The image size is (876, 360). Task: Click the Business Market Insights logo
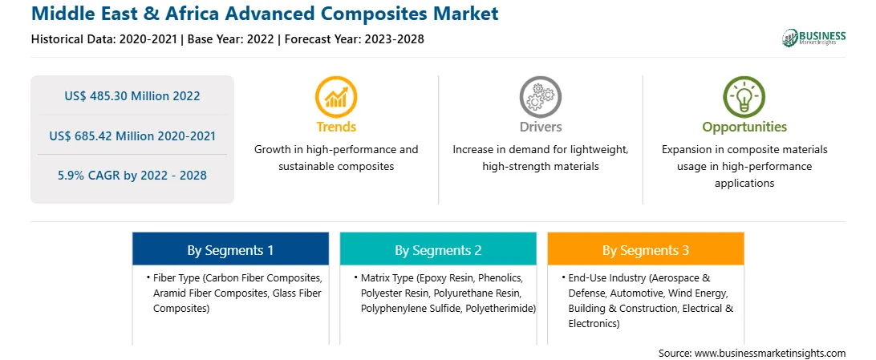(813, 38)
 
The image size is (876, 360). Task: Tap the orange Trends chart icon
(336, 96)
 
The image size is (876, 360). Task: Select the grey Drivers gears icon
(540, 96)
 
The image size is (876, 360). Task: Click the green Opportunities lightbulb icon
(744, 96)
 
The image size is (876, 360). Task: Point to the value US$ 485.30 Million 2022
(132, 96)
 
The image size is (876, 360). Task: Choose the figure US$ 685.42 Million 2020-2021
(132, 136)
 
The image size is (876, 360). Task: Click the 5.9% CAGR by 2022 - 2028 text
(132, 176)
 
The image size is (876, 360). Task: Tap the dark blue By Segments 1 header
(230, 249)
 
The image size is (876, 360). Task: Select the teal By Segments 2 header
(438, 249)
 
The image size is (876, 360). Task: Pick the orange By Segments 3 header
(646, 249)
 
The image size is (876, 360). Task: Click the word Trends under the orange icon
(336, 127)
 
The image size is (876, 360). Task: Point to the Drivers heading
(540, 127)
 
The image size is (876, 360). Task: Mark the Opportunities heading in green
(744, 127)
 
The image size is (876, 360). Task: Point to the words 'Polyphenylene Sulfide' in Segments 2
(409, 308)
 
